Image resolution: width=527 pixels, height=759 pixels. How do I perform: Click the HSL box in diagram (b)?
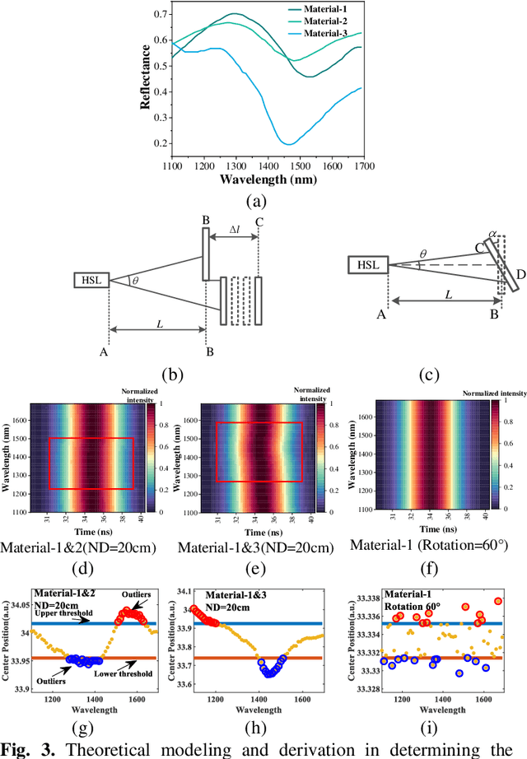pyautogui.click(x=91, y=282)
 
